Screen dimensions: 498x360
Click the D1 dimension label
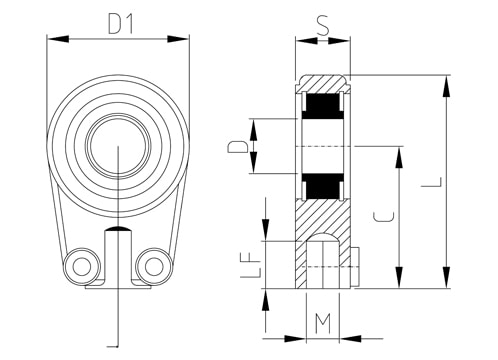121,24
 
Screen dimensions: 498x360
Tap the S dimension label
323,26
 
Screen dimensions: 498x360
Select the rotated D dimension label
237,147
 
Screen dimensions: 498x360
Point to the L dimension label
432,182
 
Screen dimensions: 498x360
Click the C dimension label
383,217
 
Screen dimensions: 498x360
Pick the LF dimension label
250,264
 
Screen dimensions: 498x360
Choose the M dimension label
323,323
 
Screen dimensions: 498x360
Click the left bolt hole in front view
82,266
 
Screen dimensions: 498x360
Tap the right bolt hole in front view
154,266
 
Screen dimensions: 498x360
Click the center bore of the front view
118,146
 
